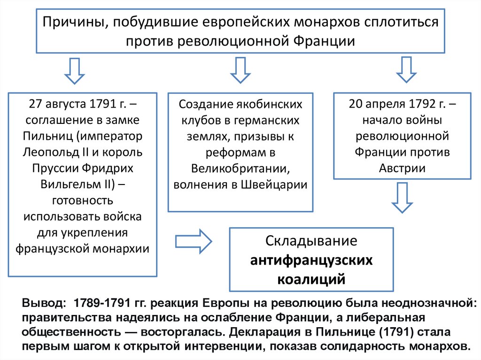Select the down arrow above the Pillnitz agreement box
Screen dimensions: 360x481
point(74,70)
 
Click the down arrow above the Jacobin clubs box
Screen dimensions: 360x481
point(240,70)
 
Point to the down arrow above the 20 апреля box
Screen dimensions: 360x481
point(406,70)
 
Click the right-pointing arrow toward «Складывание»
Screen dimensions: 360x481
point(193,242)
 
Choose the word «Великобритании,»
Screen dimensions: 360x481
point(240,169)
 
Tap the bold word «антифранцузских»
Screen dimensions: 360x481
point(311,260)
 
